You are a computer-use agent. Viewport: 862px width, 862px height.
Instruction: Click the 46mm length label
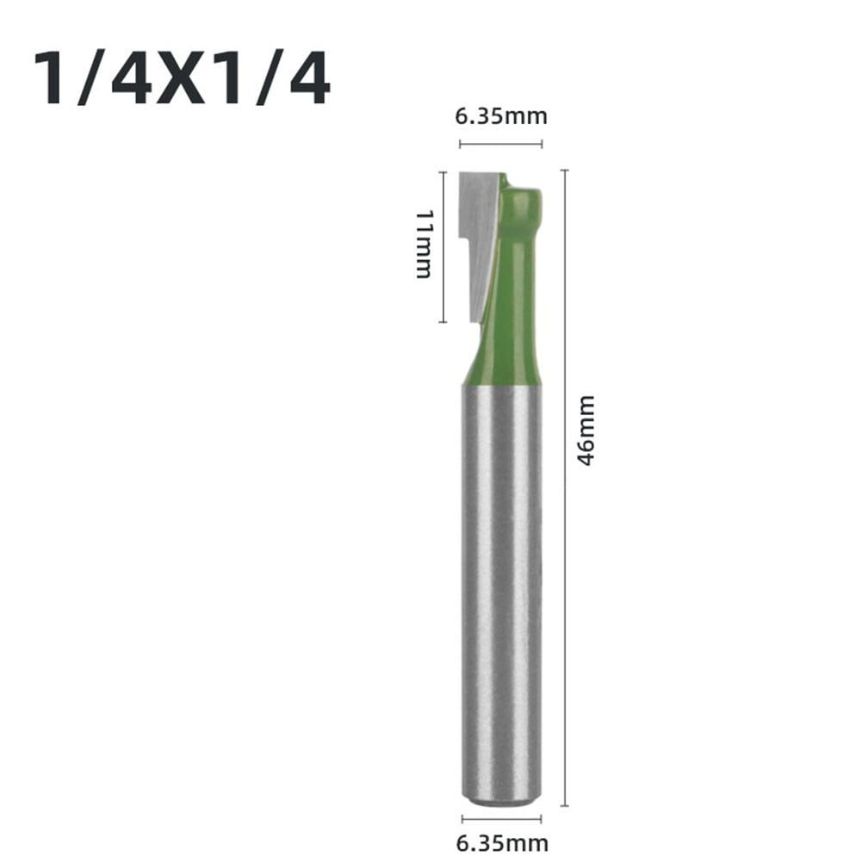point(586,431)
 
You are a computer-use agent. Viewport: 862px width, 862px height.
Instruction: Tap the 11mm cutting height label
point(423,243)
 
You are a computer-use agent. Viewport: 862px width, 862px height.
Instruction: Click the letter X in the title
point(183,81)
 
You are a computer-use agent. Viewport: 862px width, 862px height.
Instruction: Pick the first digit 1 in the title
point(51,81)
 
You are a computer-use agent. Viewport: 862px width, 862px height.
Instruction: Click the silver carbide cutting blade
point(478,215)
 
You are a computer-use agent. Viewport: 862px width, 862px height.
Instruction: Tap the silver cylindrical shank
point(502,586)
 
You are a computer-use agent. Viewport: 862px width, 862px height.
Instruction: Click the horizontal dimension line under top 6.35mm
point(502,143)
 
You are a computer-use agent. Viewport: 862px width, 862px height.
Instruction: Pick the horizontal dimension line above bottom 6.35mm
point(502,818)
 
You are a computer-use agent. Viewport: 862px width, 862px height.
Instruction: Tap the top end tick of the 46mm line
point(564,171)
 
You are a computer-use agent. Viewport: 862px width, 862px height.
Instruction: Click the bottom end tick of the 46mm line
point(564,806)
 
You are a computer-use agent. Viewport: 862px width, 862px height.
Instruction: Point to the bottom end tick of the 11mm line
point(443,321)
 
